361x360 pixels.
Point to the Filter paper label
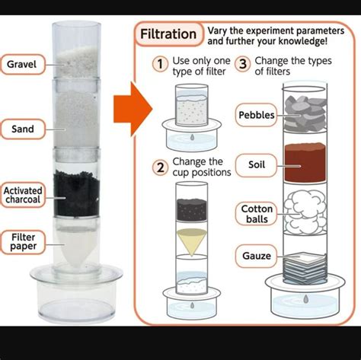23,242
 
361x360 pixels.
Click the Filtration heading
169,35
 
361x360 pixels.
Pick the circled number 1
160,65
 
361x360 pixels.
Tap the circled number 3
243,65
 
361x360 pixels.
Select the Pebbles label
257,115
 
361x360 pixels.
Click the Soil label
257,163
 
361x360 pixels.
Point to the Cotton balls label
257,214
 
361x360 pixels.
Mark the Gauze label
255,256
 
